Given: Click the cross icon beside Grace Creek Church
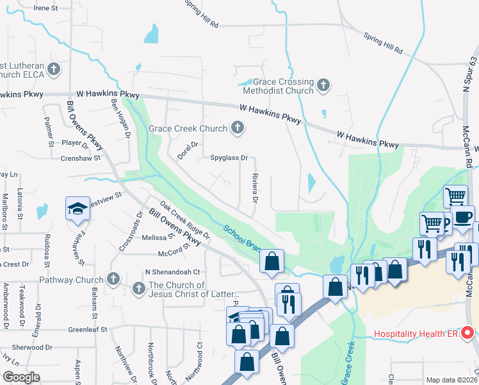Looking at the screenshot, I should pyautogui.click(x=238, y=128).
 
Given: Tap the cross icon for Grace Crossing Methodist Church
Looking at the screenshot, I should pyautogui.click(x=324, y=85).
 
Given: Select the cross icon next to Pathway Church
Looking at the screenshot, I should pyautogui.click(x=113, y=279).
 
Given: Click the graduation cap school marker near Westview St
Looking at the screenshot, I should pyautogui.click(x=77, y=209).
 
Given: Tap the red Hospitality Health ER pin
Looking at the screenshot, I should pyautogui.click(x=467, y=333).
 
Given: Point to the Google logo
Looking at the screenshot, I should pyautogui.click(x=21, y=377).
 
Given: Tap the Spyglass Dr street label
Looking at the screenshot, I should pyautogui.click(x=229, y=157).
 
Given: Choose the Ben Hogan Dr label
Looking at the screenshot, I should pyautogui.click(x=120, y=117).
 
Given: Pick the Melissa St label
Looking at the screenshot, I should pyautogui.click(x=154, y=237).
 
